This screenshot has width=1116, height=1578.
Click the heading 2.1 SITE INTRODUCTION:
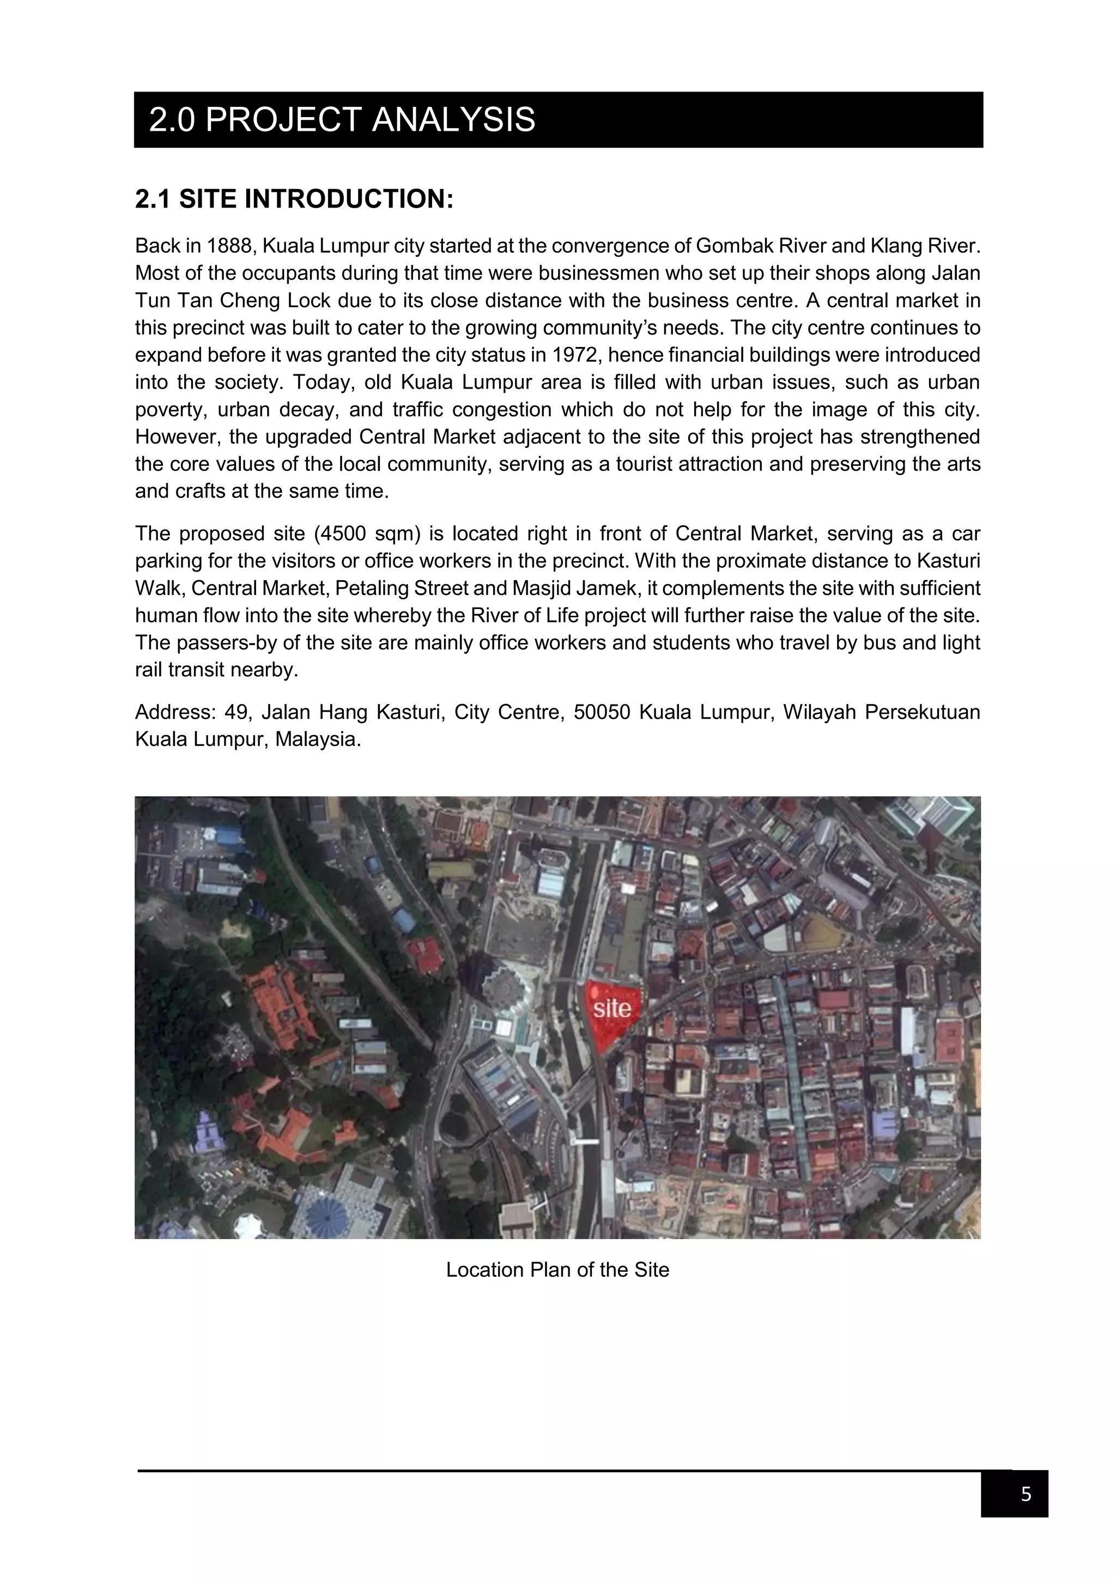point(294,199)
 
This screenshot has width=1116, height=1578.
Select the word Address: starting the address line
point(176,713)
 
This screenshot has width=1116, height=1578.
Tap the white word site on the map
point(611,1008)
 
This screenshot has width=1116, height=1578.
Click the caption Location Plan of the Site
point(557,1270)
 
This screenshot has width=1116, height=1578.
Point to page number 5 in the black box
point(1026,1494)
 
